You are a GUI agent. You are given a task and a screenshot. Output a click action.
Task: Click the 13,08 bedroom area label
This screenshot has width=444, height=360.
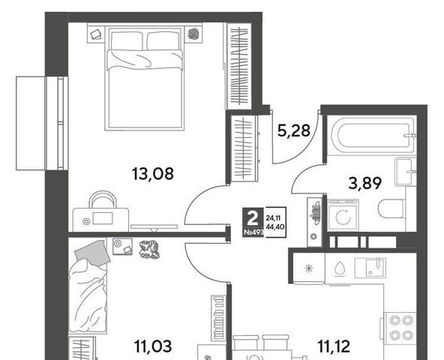pos(153,174)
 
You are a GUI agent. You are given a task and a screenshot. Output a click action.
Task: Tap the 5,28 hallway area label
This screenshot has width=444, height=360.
pos(294,130)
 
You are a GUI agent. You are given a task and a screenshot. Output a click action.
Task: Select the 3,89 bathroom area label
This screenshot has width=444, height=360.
pos(365,184)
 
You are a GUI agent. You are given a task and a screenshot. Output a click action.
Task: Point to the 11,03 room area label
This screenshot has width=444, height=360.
pos(153,346)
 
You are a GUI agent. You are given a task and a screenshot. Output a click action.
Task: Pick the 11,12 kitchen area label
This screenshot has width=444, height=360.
pos(334,346)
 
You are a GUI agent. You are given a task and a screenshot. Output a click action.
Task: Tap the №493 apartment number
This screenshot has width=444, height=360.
pos(253,232)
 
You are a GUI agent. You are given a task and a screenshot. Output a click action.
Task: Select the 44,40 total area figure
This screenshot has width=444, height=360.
pos(275,226)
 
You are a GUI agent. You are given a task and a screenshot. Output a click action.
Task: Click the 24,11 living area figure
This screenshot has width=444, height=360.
pos(273,217)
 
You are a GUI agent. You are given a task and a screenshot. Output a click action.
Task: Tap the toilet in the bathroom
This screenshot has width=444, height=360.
pos(391,208)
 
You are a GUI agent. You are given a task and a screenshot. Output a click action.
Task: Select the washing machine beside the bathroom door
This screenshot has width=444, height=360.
pos(343,215)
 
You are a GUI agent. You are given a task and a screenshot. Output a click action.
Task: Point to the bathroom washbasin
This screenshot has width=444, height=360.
pos(406,172)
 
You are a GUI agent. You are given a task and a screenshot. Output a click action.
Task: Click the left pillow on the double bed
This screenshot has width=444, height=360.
pos(126,41)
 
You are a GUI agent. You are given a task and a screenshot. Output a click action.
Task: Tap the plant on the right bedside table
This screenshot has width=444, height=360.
pos(193,34)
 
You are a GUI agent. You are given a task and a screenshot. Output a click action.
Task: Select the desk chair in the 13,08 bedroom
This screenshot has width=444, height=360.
pos(103,199)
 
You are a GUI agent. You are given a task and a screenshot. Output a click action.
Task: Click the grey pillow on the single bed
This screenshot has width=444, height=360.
pos(93,253)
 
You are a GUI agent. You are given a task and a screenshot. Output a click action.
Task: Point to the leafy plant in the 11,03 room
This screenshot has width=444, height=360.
pos(149,250)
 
